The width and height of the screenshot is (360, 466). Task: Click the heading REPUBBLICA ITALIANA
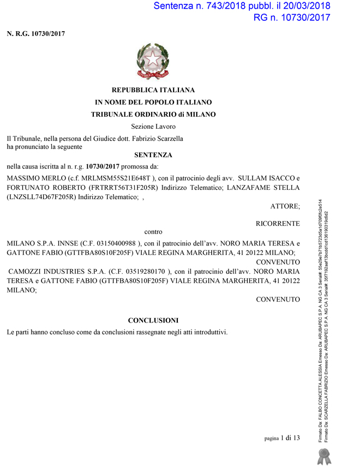(x=153, y=90)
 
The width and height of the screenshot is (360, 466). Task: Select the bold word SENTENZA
(x=153, y=155)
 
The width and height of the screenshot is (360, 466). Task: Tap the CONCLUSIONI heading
(x=153, y=320)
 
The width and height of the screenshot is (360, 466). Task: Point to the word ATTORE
(x=285, y=206)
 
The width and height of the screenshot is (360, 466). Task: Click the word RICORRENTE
(x=278, y=224)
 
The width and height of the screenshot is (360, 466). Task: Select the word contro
(x=153, y=232)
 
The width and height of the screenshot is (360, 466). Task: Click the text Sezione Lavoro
(x=153, y=127)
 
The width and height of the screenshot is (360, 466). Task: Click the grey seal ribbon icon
(x=325, y=456)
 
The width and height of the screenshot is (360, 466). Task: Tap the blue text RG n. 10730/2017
(x=292, y=17)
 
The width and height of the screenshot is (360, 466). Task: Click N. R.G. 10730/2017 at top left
(x=36, y=34)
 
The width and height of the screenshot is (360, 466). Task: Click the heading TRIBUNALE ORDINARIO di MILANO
(x=153, y=115)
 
